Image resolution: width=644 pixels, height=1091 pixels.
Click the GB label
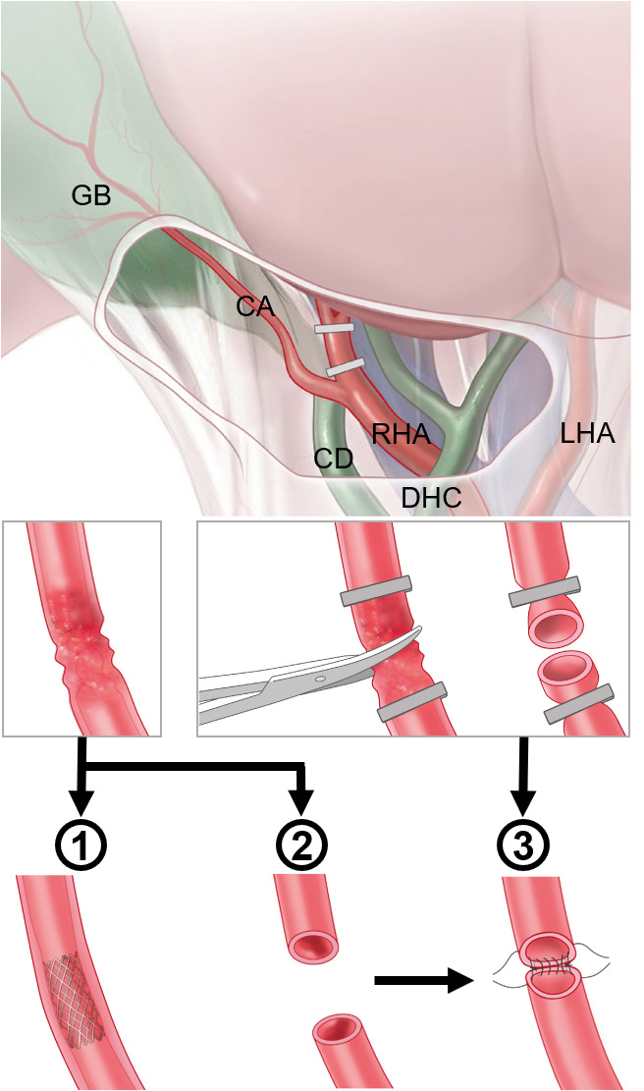tap(92, 195)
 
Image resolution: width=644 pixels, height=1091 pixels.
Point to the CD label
tap(335, 458)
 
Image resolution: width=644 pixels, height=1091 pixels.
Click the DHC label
tap(431, 499)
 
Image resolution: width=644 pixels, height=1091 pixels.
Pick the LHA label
tap(586, 432)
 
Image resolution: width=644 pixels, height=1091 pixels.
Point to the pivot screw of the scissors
tap(321, 679)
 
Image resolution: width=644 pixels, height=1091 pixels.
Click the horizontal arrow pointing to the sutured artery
tap(417, 979)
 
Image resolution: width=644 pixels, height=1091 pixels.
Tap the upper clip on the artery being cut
tap(375, 592)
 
